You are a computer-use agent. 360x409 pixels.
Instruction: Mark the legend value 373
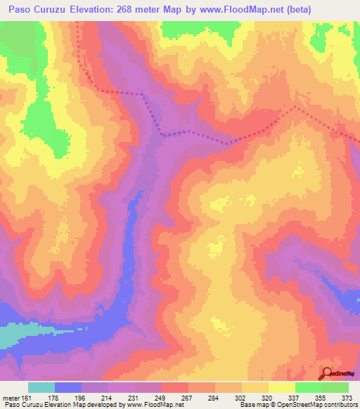345,397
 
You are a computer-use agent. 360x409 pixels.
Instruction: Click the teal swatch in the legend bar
41,387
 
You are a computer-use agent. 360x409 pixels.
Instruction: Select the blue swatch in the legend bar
68,387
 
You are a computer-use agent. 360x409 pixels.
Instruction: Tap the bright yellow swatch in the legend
282,387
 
